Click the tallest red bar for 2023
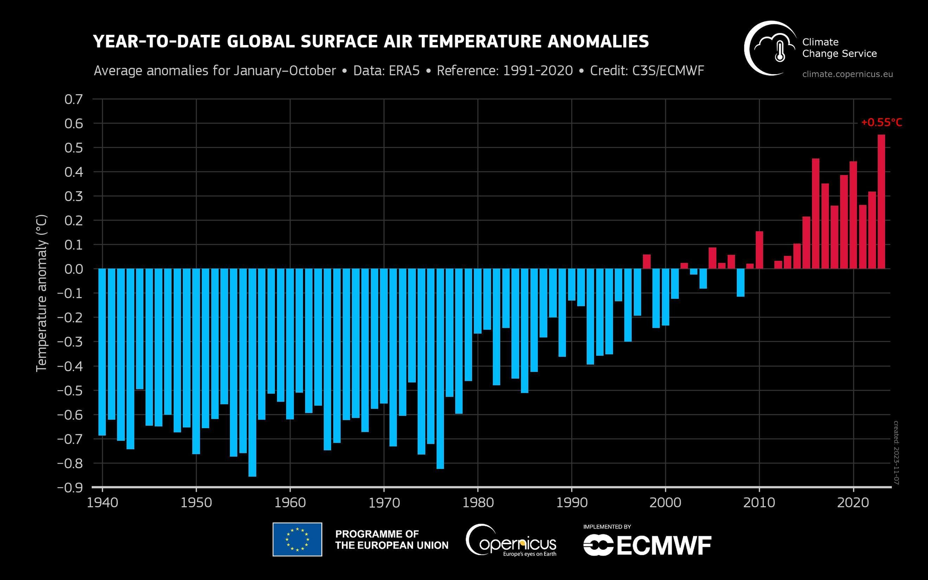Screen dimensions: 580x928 [881, 202]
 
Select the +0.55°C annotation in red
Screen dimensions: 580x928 [881, 122]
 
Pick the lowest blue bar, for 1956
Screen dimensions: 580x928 [252, 372]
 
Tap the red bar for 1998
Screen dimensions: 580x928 [646, 262]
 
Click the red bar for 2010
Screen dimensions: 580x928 [759, 250]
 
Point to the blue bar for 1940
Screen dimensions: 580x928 [102, 352]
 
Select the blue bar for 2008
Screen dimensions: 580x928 [741, 283]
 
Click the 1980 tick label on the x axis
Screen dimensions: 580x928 [478, 503]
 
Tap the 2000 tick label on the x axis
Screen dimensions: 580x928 [665, 503]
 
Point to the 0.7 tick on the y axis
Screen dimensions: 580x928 [73, 99]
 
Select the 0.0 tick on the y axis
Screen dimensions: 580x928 [73, 269]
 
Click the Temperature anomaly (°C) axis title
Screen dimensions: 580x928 [42, 293]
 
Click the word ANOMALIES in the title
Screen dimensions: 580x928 [598, 42]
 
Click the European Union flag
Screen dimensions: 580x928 [297, 539]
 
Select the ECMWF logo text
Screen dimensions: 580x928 [664, 546]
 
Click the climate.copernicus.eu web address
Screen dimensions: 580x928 [847, 74]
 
